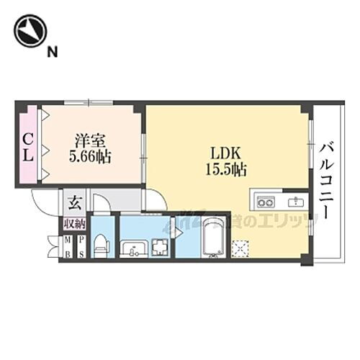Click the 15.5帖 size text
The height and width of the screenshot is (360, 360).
coord(225,170)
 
